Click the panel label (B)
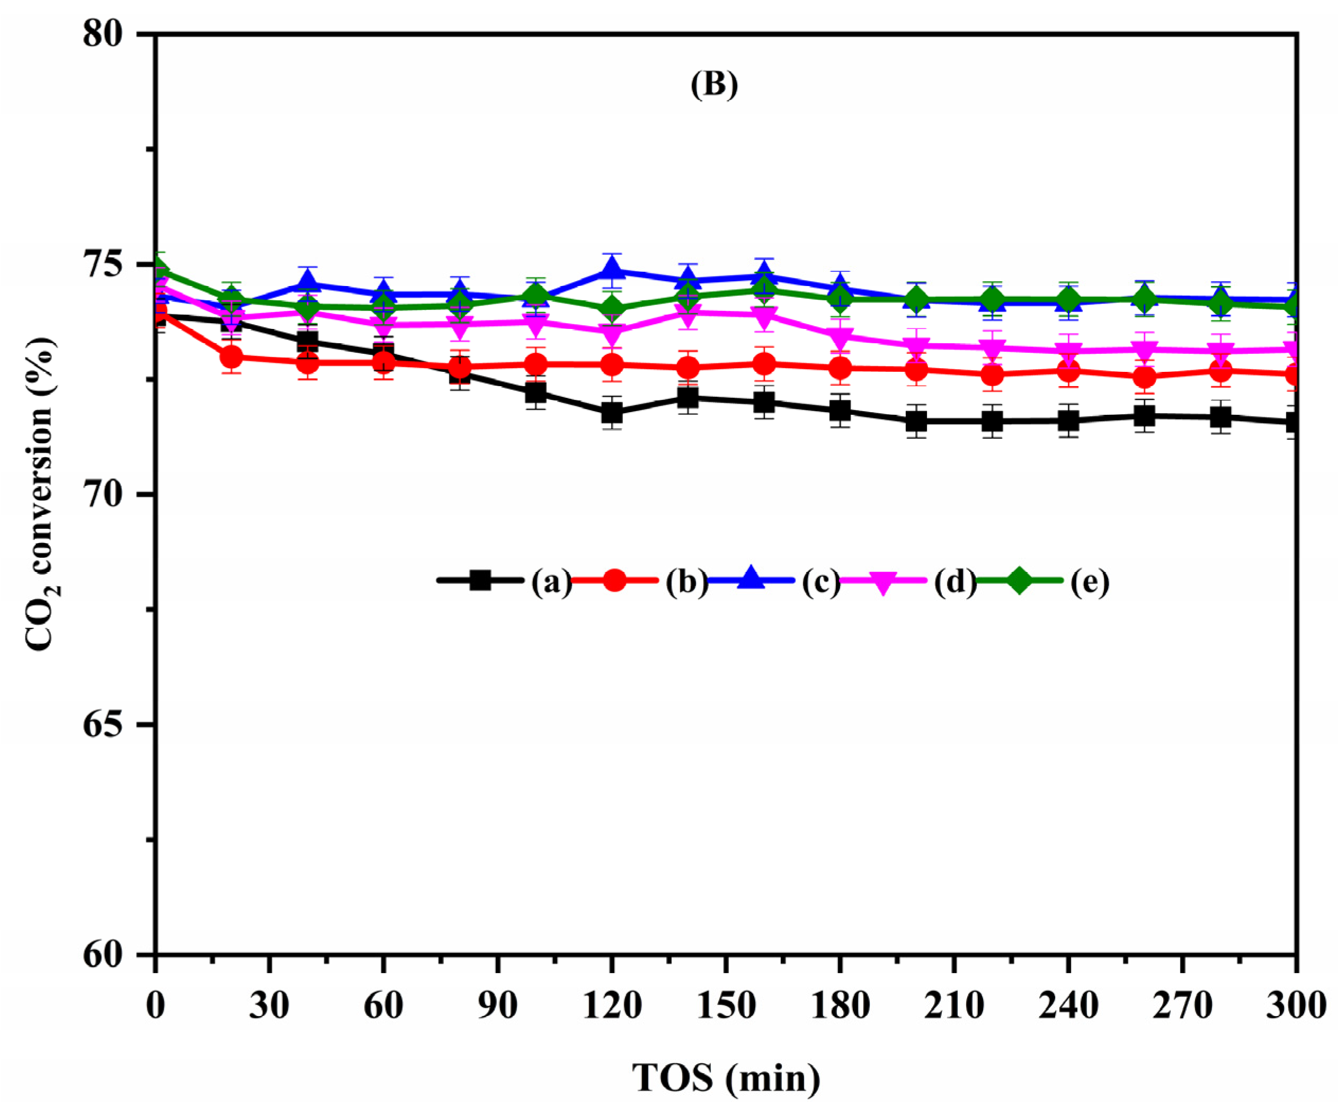(714, 85)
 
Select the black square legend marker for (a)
(480, 581)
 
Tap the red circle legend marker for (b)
(614, 581)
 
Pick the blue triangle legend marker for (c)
(751, 578)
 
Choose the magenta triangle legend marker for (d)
(884, 582)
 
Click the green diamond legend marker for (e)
(1020, 581)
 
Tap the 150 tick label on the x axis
(726, 1006)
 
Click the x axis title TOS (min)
(726, 1078)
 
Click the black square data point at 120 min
(612, 413)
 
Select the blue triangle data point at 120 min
(612, 270)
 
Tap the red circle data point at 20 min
(231, 357)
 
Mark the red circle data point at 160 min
(764, 364)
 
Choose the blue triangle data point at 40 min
(308, 282)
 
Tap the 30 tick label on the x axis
(269, 1006)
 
